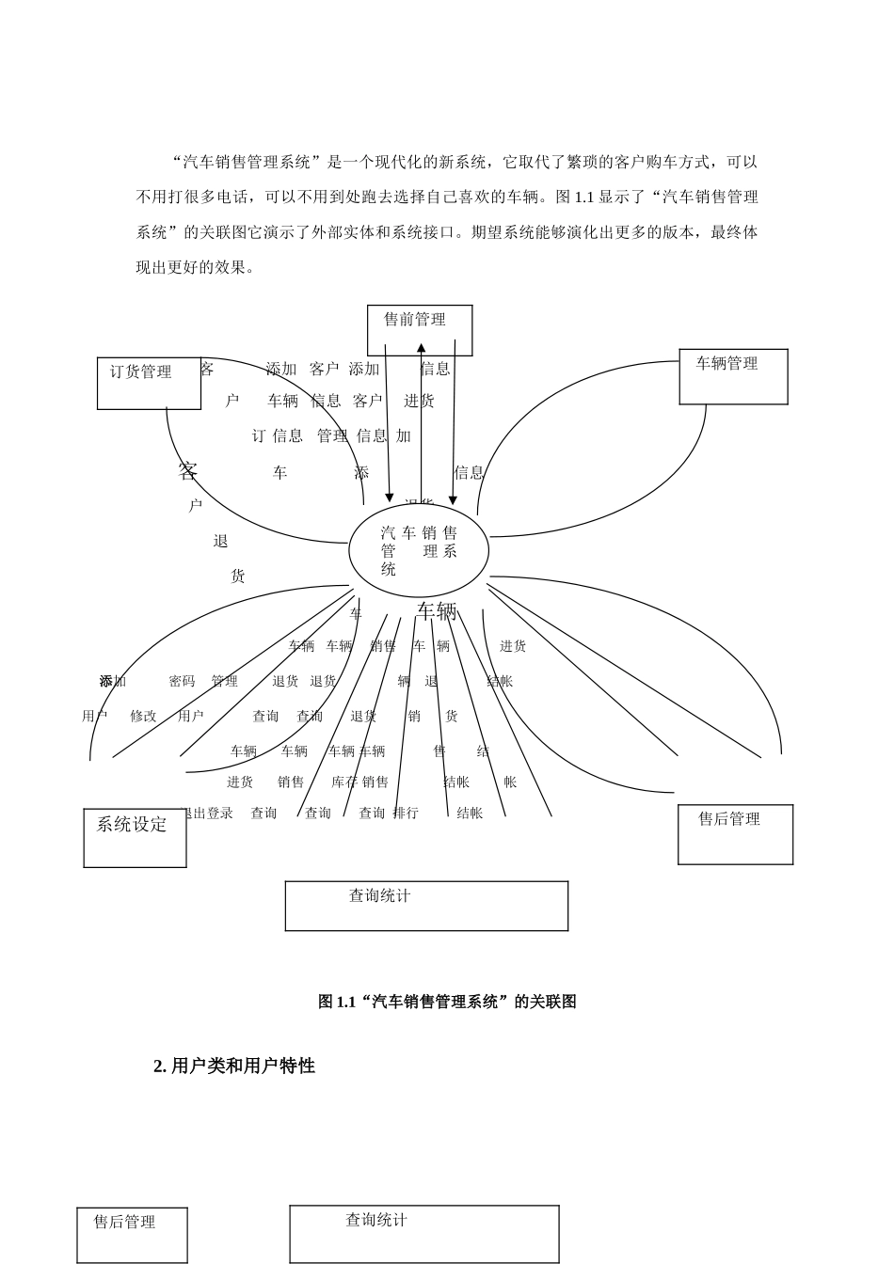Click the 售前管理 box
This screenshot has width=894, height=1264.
pos(420,330)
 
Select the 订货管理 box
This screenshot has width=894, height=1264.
pos(149,383)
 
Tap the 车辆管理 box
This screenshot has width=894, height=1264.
pos(733,376)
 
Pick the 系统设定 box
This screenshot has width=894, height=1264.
pos(135,837)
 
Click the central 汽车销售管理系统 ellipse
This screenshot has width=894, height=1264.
pos(419,550)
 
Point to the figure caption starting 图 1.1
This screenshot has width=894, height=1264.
pos(447,1002)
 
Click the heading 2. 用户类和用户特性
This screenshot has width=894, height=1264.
pos(234,1066)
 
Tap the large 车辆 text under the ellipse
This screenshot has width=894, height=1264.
pos(437,611)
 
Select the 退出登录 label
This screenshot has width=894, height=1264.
pos(206,813)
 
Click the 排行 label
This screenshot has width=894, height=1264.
pos(406,813)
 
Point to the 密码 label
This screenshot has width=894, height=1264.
pos(182,681)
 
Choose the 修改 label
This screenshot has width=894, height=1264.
pos(143,716)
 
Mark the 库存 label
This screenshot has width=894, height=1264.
pos(344,782)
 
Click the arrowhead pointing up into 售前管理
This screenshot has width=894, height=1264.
pos(421,349)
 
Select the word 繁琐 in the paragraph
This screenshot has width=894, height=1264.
pos(582,162)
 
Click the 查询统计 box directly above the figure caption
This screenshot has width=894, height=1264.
pos(426,906)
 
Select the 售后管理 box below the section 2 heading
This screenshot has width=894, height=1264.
pos(132,1235)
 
